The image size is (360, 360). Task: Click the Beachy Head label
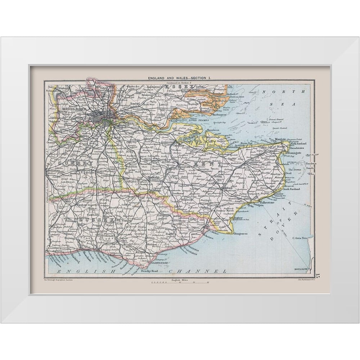(x=149, y=270)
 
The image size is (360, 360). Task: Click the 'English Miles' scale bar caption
(x=179, y=279)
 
